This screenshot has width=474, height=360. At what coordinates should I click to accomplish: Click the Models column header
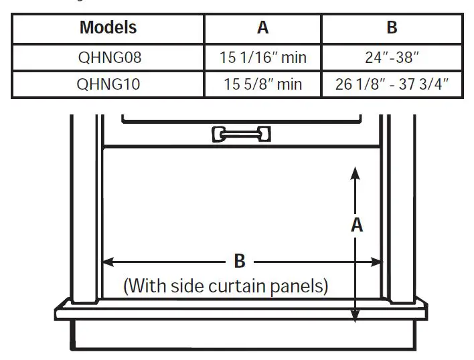pos(108,27)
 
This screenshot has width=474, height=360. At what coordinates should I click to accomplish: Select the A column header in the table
pos(262,27)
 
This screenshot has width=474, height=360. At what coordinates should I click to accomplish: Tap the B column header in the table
pos(392,27)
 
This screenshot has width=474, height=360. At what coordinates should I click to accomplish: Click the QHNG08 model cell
pos(109,58)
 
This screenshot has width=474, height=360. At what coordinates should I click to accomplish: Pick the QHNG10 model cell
pos(108,84)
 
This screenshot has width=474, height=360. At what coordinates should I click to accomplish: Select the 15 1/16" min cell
pos(263,58)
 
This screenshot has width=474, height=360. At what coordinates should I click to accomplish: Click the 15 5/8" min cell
pos(263,84)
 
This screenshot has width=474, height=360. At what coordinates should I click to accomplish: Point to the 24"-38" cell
pos(392,57)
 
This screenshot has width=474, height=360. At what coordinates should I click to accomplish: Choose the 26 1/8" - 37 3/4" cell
pos(392,84)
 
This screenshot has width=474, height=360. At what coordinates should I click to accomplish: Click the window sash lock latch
pos(241,134)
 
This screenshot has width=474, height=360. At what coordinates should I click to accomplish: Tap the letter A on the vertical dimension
pos(357,225)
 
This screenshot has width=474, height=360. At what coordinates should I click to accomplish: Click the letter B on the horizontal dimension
pos(240,261)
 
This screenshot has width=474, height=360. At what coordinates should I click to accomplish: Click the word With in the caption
pos(147,286)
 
